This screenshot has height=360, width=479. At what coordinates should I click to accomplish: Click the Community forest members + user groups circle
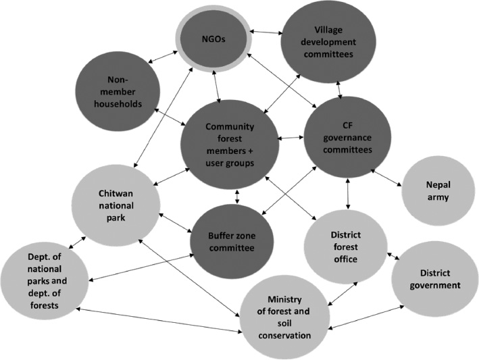pos(230,144)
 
